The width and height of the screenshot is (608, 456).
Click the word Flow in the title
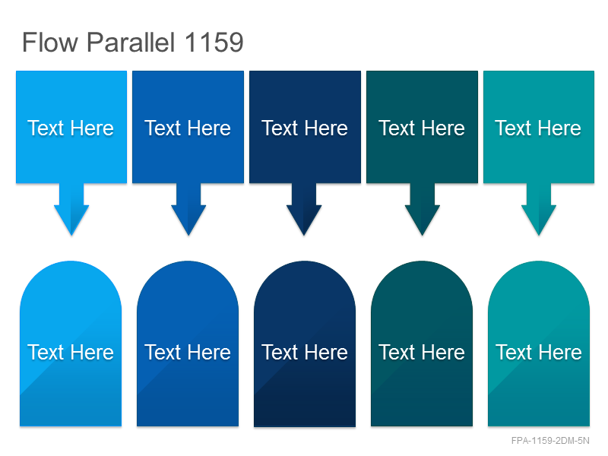click(x=50, y=42)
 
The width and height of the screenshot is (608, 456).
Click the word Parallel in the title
click(x=131, y=42)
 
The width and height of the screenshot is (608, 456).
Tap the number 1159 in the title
click(x=214, y=42)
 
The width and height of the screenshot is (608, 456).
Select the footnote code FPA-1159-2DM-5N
click(x=550, y=441)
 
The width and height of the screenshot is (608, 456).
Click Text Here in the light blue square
click(x=71, y=128)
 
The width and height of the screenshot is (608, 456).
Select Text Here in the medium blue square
click(x=188, y=128)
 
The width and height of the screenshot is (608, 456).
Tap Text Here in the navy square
click(x=305, y=128)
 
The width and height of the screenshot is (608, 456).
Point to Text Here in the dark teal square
click(x=422, y=128)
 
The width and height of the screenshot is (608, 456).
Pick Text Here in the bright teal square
click(x=538, y=128)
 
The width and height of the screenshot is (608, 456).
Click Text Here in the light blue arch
click(x=71, y=352)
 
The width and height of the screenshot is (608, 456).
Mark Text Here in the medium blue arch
click(x=188, y=352)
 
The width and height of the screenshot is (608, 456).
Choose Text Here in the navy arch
click(x=305, y=352)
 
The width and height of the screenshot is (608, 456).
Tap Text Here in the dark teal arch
click(x=422, y=352)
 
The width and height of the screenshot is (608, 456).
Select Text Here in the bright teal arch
click(x=539, y=352)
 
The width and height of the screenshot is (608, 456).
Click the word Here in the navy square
click(x=326, y=128)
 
